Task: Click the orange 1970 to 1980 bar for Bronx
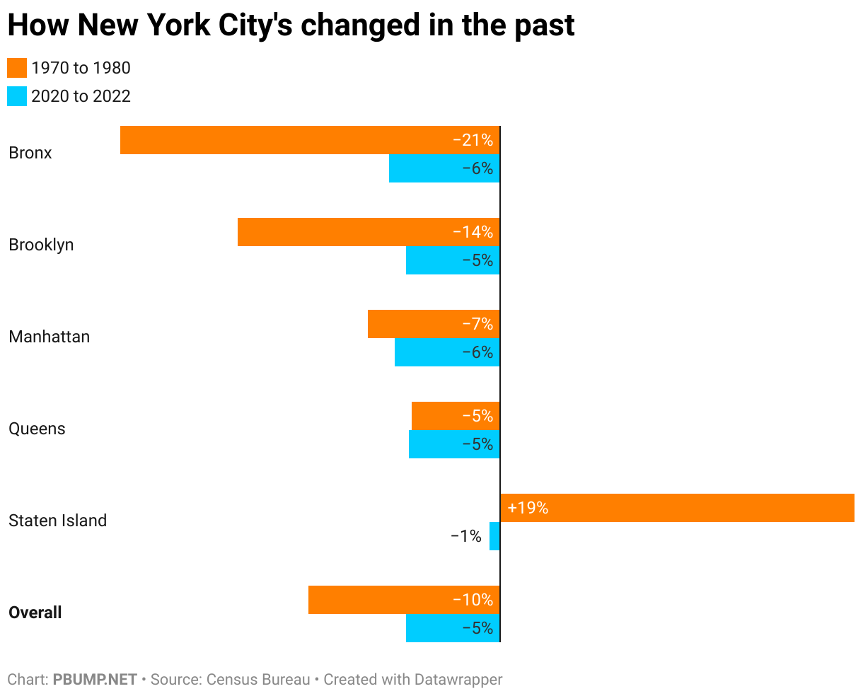coord(283,140)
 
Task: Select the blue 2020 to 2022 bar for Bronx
coord(424,168)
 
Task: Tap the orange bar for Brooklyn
coord(340,232)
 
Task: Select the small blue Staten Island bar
coord(494,536)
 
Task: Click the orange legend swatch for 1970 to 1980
coord(17,68)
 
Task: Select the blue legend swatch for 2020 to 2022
coord(17,96)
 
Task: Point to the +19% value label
coord(528,508)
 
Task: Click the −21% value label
coord(473,140)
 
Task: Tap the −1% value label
coord(465,536)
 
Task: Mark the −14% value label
coord(473,232)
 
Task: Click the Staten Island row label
coord(57,521)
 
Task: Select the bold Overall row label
coord(35,613)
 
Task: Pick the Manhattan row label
coord(50,337)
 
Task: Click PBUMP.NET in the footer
coord(95,680)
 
